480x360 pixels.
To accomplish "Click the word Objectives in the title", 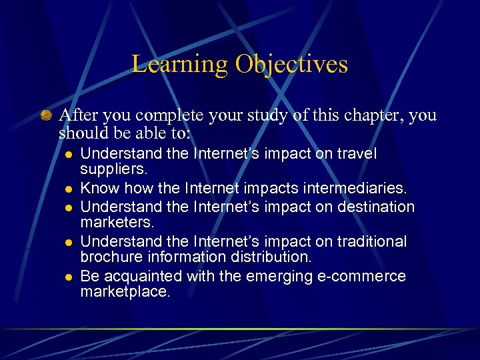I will [291, 65].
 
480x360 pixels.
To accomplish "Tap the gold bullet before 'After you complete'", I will [46, 115].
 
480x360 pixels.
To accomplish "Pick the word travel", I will [355, 154].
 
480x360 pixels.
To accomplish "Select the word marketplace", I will [125, 293].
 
